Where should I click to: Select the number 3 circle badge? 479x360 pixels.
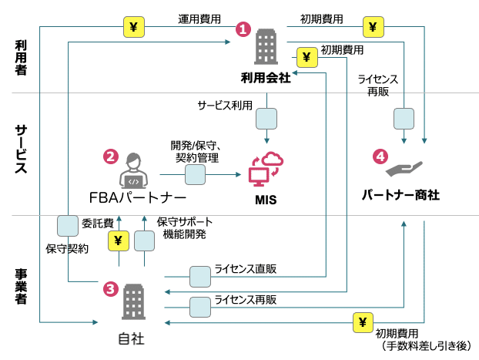pyautogui.click(x=111, y=288)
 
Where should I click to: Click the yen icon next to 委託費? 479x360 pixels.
pyautogui.click(x=119, y=241)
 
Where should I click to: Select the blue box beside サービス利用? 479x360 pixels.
pyautogui.click(x=266, y=118)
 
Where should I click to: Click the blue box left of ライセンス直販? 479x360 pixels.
pyautogui.click(x=200, y=275)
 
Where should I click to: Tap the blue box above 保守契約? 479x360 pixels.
pyautogui.click(x=68, y=225)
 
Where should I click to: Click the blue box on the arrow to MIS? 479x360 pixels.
pyautogui.click(x=195, y=175)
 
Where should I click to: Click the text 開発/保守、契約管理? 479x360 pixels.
pyautogui.click(x=196, y=151)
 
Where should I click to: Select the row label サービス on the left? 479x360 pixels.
pyautogui.click(x=22, y=151)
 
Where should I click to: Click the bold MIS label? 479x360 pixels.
pyautogui.click(x=266, y=200)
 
